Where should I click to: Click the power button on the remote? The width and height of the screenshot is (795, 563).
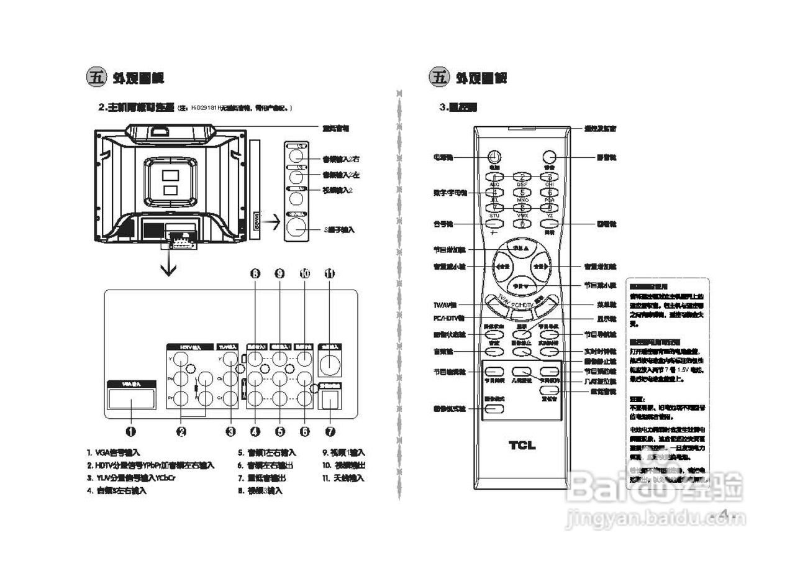click(494, 157)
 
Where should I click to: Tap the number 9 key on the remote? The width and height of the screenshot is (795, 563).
click(549, 208)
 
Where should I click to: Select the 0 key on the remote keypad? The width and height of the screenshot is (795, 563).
click(522, 223)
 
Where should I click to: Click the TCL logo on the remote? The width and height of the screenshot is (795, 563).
click(522, 445)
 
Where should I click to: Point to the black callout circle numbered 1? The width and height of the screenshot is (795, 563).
click(131, 431)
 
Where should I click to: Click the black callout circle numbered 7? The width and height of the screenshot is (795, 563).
click(329, 431)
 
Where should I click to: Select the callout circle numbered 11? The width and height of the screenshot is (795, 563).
click(329, 273)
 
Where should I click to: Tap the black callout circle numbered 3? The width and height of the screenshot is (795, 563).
click(230, 431)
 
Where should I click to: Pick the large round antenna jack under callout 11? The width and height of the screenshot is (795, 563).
click(329, 363)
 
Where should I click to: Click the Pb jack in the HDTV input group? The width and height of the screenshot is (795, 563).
click(181, 378)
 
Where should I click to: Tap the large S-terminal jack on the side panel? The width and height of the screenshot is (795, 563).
click(296, 227)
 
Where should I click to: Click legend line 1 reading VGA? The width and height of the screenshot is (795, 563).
click(114, 453)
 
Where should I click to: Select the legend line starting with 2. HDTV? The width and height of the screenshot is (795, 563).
click(151, 465)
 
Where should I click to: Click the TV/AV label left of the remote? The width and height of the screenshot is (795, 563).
click(445, 306)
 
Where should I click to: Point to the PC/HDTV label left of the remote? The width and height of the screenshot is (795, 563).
click(445, 319)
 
